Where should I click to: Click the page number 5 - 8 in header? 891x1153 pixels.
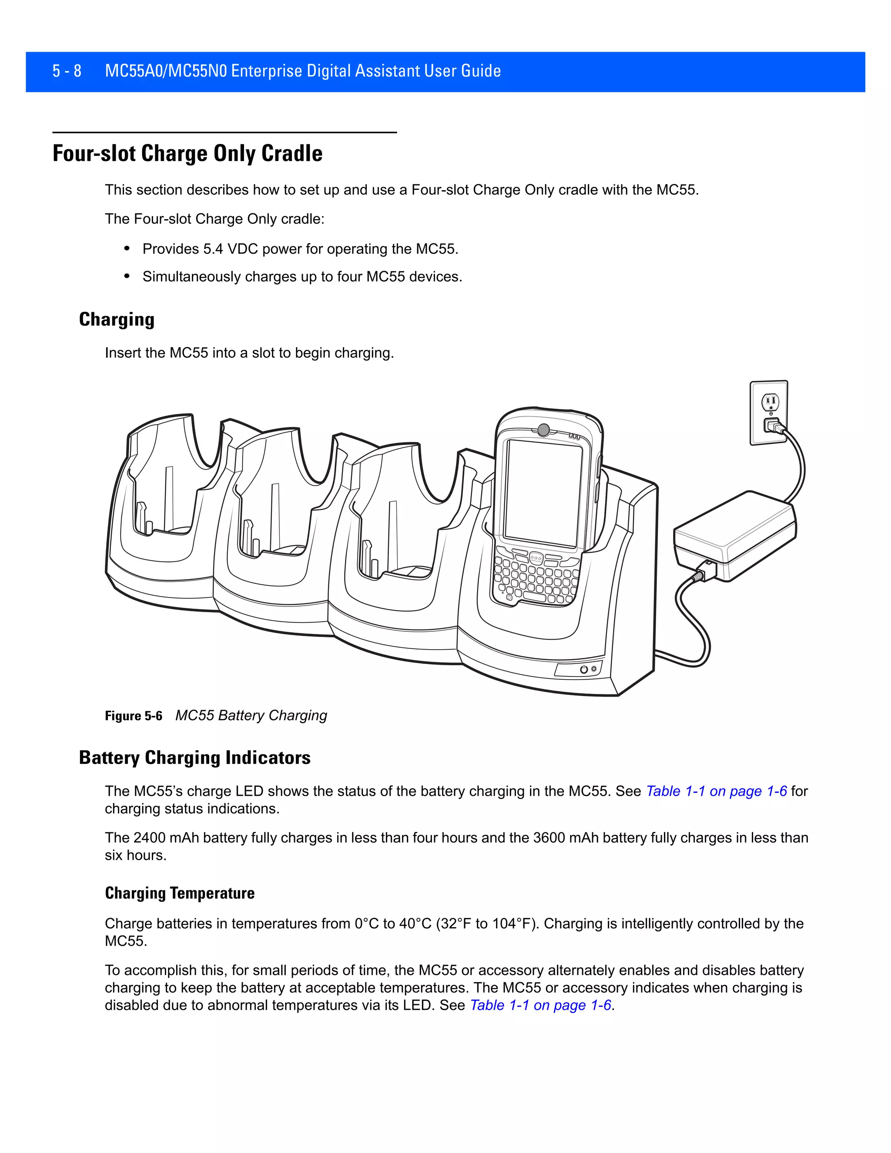(67, 71)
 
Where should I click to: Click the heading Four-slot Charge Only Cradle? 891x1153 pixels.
(188, 154)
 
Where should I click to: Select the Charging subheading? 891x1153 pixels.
(117, 319)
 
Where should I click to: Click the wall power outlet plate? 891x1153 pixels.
(769, 412)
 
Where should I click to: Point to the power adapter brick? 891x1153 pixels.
(735, 534)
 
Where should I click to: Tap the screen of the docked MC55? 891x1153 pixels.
(543, 494)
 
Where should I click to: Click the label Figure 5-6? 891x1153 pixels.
(134, 716)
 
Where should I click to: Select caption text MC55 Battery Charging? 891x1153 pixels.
(251, 715)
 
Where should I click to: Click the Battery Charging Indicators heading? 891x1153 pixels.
(195, 757)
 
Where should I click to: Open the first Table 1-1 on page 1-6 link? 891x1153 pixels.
(716, 791)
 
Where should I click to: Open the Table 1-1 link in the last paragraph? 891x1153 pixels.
(540, 1005)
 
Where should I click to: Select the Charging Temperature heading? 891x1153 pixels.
(180, 893)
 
